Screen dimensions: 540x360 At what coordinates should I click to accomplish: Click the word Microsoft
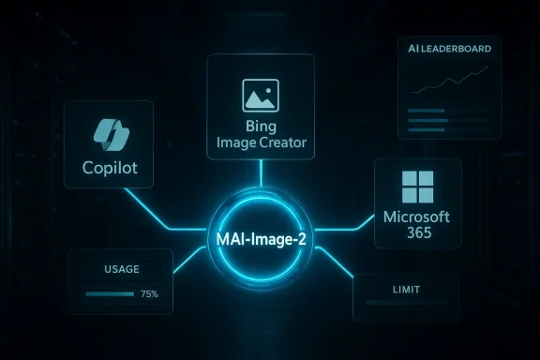click(417, 217)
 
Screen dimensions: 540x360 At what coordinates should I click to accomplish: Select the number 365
click(417, 234)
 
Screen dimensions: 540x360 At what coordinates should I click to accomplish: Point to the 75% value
click(149, 294)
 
